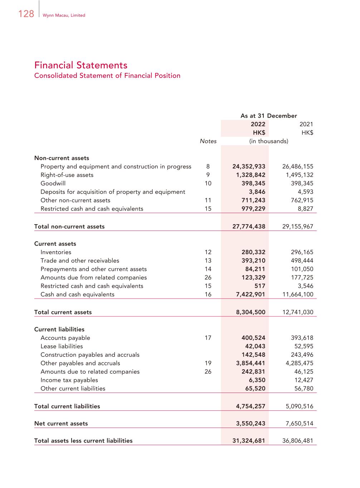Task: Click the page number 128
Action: (x=26, y=14)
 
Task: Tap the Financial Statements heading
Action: (x=81, y=65)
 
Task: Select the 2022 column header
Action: (x=258, y=124)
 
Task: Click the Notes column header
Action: (x=208, y=141)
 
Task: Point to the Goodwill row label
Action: (x=53, y=183)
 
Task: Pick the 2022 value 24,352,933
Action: (x=249, y=167)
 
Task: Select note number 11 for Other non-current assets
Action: (x=208, y=200)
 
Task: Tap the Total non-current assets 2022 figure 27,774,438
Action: (x=249, y=226)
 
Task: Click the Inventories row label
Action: (x=56, y=252)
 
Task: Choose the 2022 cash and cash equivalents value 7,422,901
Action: (x=250, y=295)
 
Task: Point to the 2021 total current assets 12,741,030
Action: (x=298, y=312)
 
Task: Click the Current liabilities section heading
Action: (x=59, y=329)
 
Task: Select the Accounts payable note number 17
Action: (x=208, y=338)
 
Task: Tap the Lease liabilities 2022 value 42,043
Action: (x=255, y=346)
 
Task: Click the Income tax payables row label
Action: (x=69, y=380)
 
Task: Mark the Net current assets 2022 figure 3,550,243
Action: (x=250, y=424)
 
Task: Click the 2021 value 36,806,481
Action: (x=298, y=441)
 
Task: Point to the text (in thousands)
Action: (x=268, y=141)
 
